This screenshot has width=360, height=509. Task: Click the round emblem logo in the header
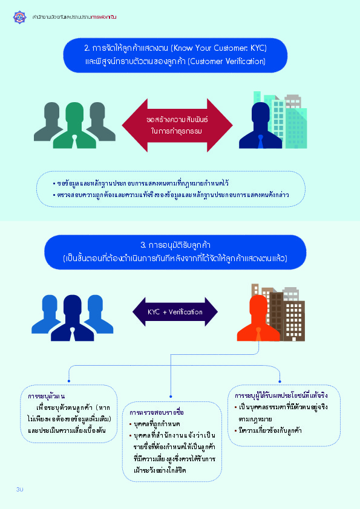coord(19,17)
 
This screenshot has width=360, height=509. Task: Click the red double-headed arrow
coord(177,125)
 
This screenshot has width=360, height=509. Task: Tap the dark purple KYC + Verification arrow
coord(175,312)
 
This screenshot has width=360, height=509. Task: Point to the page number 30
coord(20,489)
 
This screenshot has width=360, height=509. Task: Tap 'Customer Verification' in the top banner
coord(226,61)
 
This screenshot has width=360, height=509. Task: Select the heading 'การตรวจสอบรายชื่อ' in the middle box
coord(157,412)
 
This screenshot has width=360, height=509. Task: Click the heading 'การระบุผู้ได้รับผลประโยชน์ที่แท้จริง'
coord(281,395)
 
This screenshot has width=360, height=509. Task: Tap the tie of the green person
coord(74,141)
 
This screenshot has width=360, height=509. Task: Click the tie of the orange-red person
coord(258,334)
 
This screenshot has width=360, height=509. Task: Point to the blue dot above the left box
coord(69,381)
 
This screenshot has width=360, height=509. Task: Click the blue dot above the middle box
coord(171,397)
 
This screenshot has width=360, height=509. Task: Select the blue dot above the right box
coord(280,381)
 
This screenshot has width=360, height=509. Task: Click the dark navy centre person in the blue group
coord(73,318)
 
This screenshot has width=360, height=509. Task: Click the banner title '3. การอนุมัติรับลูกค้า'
coord(175,245)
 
